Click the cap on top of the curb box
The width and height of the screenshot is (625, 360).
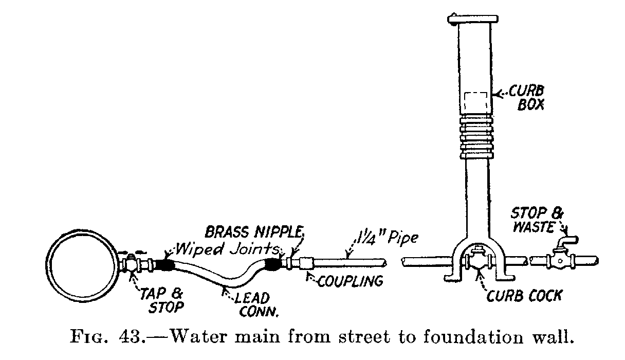coord(473,20)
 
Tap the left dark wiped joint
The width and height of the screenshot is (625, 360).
coord(165,265)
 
